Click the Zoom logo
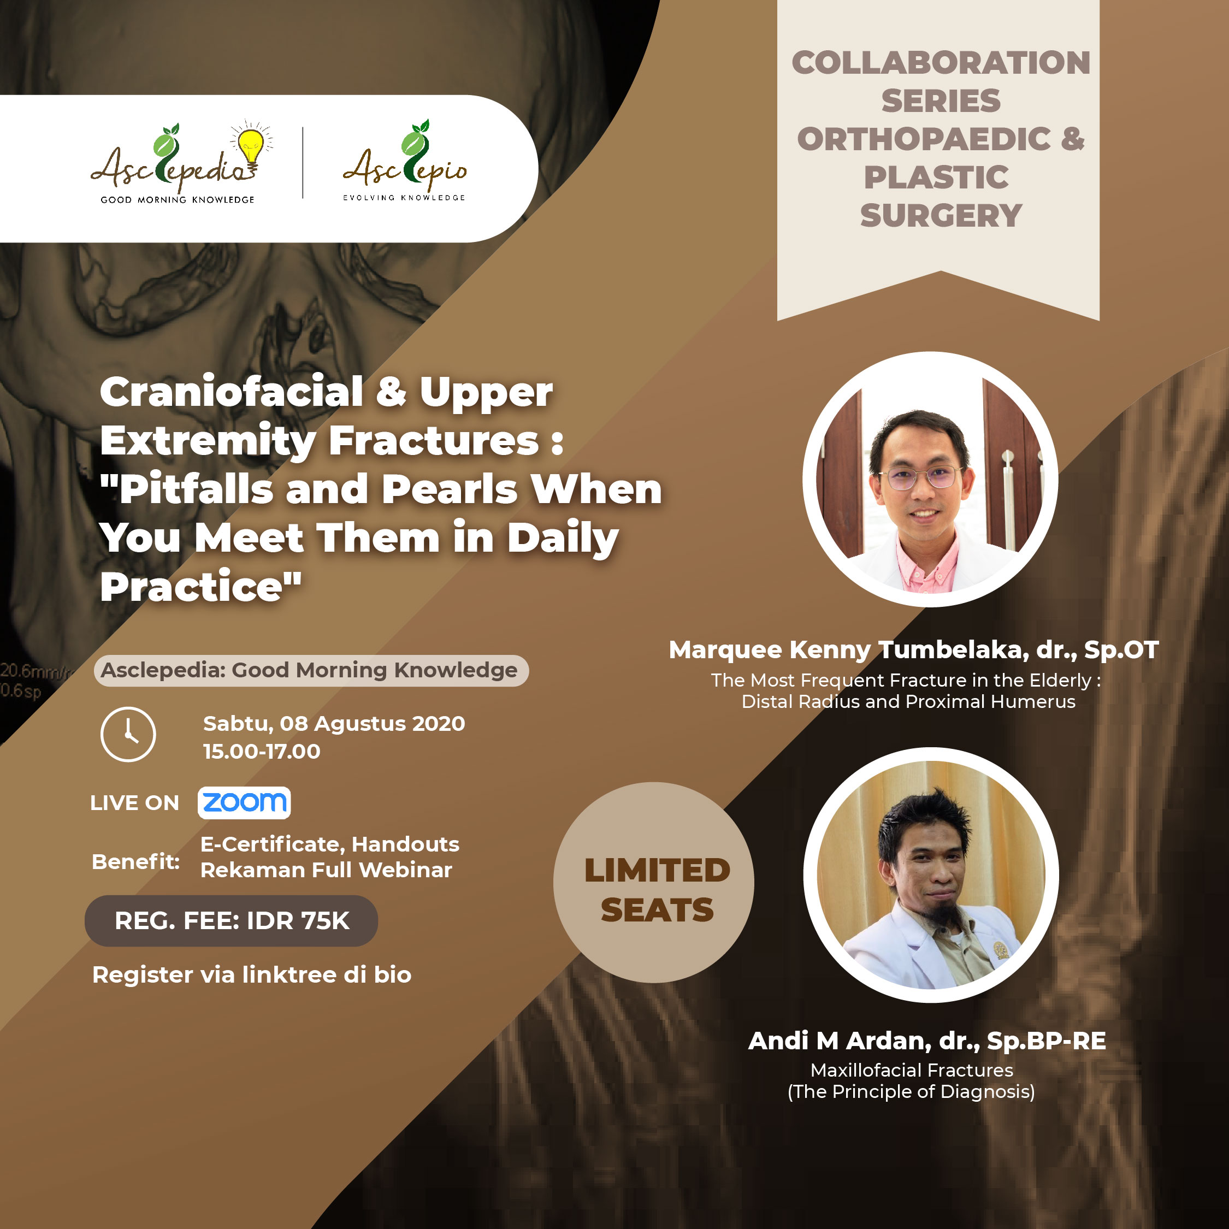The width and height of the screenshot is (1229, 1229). (x=244, y=802)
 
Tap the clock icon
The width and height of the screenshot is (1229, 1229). (x=128, y=734)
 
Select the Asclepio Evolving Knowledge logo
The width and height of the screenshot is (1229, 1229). (x=405, y=161)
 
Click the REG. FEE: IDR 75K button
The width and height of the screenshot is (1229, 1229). (x=232, y=920)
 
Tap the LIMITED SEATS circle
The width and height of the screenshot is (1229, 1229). (x=654, y=882)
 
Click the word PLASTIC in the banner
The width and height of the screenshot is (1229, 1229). (x=936, y=177)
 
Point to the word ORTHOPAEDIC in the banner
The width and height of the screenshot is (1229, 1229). (x=924, y=139)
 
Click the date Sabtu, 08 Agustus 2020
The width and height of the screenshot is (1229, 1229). (x=334, y=723)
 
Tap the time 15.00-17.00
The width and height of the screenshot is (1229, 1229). (x=262, y=751)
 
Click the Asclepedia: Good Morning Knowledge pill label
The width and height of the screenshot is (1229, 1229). (x=311, y=670)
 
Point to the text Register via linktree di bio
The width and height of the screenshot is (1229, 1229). (x=252, y=974)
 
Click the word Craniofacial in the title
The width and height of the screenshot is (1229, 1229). (x=232, y=391)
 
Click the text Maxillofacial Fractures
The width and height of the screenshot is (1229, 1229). (x=912, y=1070)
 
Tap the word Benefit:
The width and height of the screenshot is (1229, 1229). (x=135, y=861)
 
